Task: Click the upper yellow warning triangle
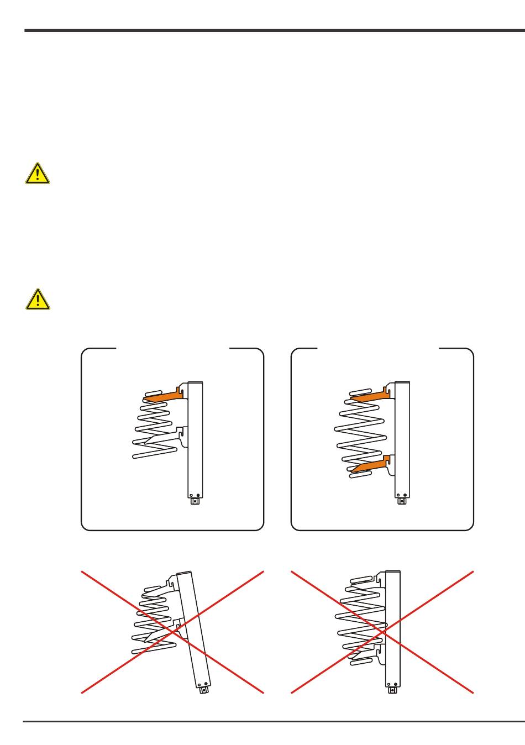[37, 174]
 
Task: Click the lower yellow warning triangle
[37, 299]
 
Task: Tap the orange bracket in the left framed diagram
[164, 396]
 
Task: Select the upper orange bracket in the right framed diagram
[370, 396]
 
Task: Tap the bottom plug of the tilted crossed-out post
[204, 690]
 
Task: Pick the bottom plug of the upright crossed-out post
[393, 689]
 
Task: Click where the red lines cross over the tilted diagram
[172, 632]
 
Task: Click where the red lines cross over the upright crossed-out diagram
[382, 632]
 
